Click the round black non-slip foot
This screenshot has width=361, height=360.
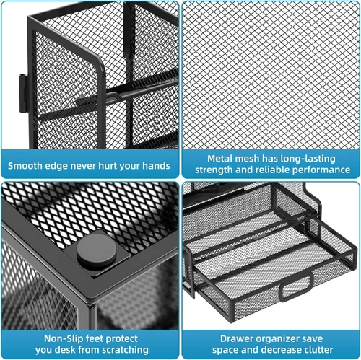(97, 251)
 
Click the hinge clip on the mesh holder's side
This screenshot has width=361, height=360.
(23, 93)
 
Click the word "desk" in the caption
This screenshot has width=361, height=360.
(66, 350)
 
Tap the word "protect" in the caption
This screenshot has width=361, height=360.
(122, 339)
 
